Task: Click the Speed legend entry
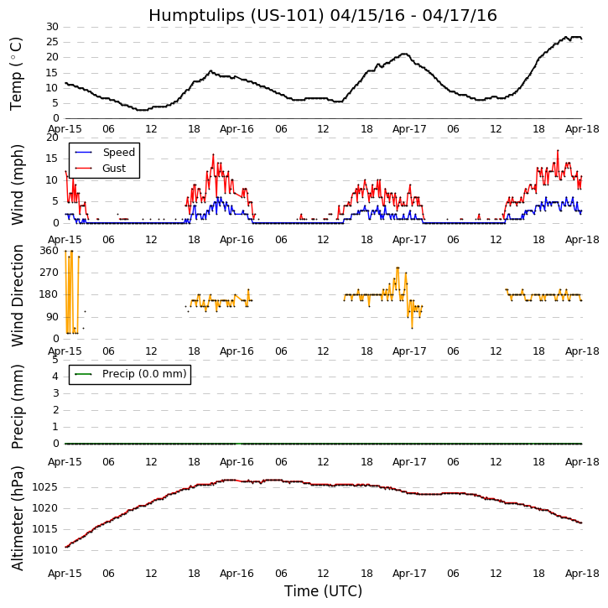coord(118,153)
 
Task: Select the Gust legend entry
coord(114,169)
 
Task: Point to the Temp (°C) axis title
coord(17,73)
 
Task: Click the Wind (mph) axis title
coord(17,184)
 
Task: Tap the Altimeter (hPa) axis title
coord(17,517)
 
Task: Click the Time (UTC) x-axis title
coord(323,591)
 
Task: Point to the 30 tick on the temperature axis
coord(51,27)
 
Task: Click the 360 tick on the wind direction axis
coord(49,251)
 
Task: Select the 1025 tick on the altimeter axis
coord(45,487)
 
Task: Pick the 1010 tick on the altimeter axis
coord(45,550)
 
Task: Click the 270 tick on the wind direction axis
coord(49,273)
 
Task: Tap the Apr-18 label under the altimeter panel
coord(582,574)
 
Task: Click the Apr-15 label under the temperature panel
coord(65,130)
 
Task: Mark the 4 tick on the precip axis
coord(55,377)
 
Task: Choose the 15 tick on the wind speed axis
coord(51,158)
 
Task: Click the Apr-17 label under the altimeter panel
coord(409,574)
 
